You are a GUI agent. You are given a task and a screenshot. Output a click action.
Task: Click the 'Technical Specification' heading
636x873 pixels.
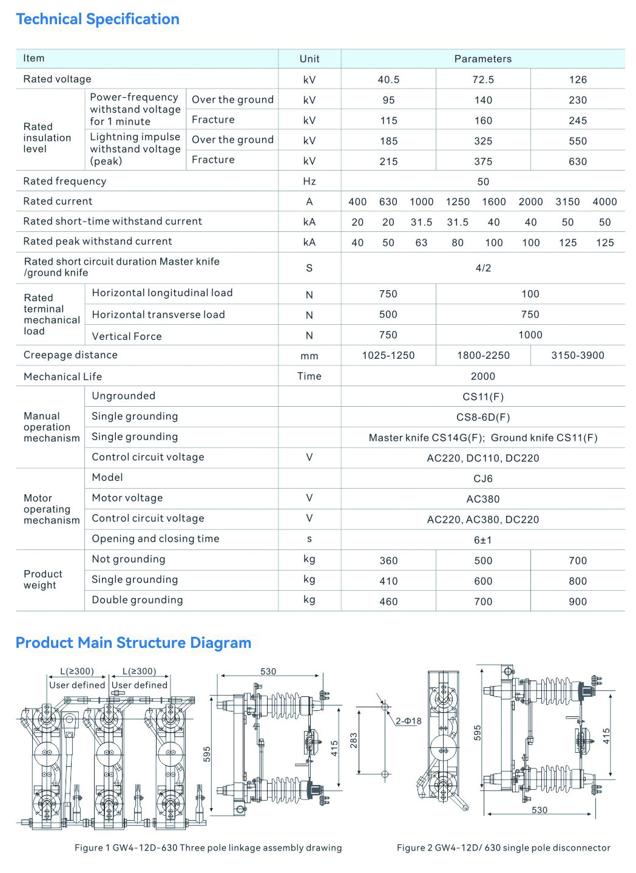(x=98, y=19)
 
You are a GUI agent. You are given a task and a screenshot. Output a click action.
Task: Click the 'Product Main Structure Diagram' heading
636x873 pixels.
(x=134, y=643)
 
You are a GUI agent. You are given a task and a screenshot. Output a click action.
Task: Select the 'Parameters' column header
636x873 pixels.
(x=482, y=59)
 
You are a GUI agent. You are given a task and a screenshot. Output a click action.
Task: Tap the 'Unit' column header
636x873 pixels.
(x=309, y=59)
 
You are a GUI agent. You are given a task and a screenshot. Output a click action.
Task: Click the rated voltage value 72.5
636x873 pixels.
(x=483, y=80)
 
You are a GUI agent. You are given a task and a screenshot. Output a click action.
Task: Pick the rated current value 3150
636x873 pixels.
(x=567, y=202)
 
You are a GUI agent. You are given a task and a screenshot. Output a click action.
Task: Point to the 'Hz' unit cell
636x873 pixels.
(x=309, y=182)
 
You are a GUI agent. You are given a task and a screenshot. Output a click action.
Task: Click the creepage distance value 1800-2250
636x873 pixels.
(x=483, y=356)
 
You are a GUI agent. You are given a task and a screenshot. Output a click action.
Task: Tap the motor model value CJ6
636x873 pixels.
(x=483, y=479)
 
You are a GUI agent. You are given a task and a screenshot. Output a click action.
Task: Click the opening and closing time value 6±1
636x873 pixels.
(x=483, y=540)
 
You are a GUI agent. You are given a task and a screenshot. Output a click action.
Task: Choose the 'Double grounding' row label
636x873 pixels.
(x=137, y=600)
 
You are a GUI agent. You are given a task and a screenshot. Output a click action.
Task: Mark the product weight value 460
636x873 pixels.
(x=388, y=602)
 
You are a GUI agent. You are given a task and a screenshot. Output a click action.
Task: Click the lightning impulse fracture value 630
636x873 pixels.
(x=578, y=161)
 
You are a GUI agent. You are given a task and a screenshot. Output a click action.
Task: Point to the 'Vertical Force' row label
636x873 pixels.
(x=127, y=336)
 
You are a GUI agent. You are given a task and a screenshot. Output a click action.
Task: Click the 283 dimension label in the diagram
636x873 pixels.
(x=354, y=740)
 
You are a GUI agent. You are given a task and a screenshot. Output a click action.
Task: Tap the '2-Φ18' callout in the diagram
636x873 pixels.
(x=408, y=721)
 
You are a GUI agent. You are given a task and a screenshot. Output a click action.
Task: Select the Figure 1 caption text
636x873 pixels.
(x=208, y=848)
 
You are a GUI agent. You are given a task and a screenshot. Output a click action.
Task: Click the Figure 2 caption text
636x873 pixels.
(x=504, y=848)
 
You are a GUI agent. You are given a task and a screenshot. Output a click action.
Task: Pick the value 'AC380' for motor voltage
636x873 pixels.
(x=483, y=500)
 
